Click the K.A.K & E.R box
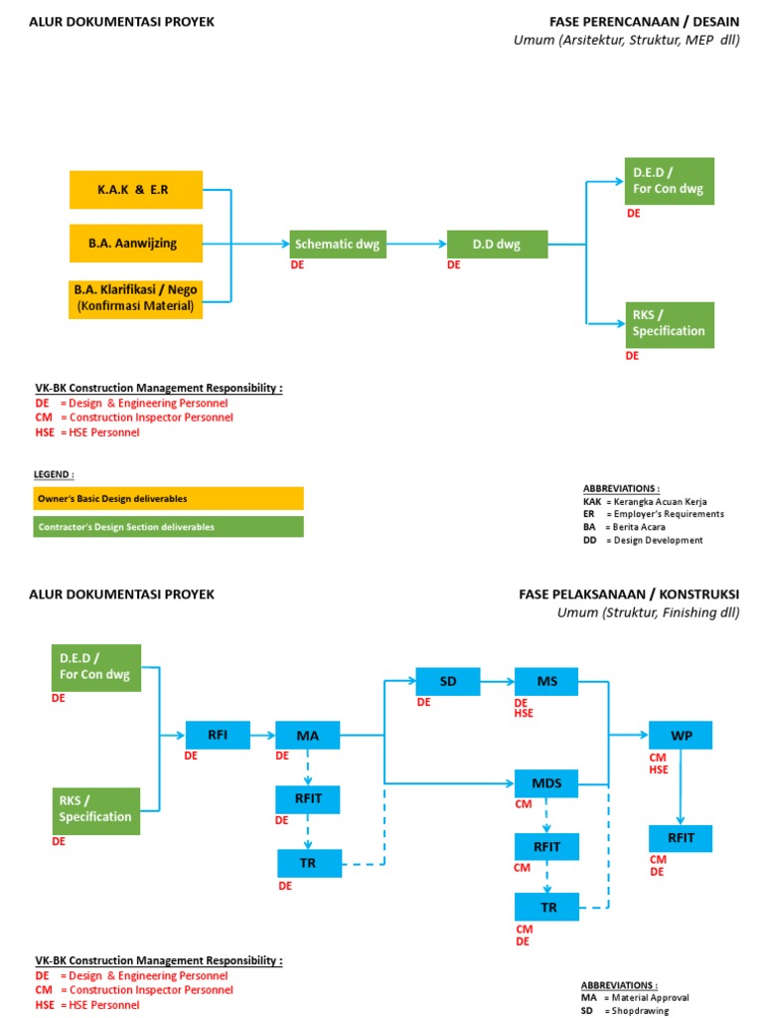[x=135, y=190]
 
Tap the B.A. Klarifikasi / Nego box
[x=135, y=298]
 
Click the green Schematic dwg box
[x=337, y=244]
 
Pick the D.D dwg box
[x=497, y=244]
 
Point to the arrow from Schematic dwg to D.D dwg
[x=414, y=244]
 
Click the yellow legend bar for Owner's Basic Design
[x=168, y=498]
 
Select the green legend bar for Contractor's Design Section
[x=168, y=526]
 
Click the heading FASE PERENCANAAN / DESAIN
[x=644, y=22]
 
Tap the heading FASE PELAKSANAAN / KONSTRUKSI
[x=629, y=594]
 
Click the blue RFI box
[x=218, y=736]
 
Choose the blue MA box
[x=308, y=736]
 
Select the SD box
[x=448, y=681]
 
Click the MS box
[x=546, y=681]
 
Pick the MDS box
[x=546, y=783]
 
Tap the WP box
[x=681, y=736]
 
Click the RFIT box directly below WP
[x=681, y=838]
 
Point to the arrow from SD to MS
[x=498, y=681]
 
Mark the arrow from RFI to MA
[x=263, y=736]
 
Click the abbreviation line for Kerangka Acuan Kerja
[x=645, y=502]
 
